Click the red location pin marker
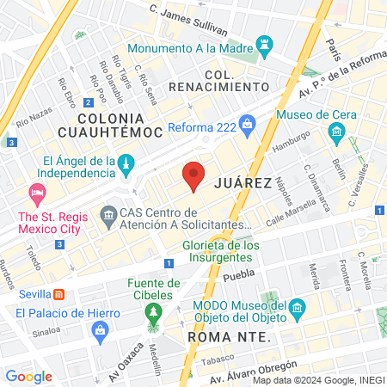193,175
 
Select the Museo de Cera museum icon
336,132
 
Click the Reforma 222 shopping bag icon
248,124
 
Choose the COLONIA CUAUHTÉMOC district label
108,124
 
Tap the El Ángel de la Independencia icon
126,163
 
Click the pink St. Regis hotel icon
37,191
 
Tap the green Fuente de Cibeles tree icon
154,310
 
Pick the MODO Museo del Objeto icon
298,308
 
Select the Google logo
28,376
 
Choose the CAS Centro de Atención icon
108,213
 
